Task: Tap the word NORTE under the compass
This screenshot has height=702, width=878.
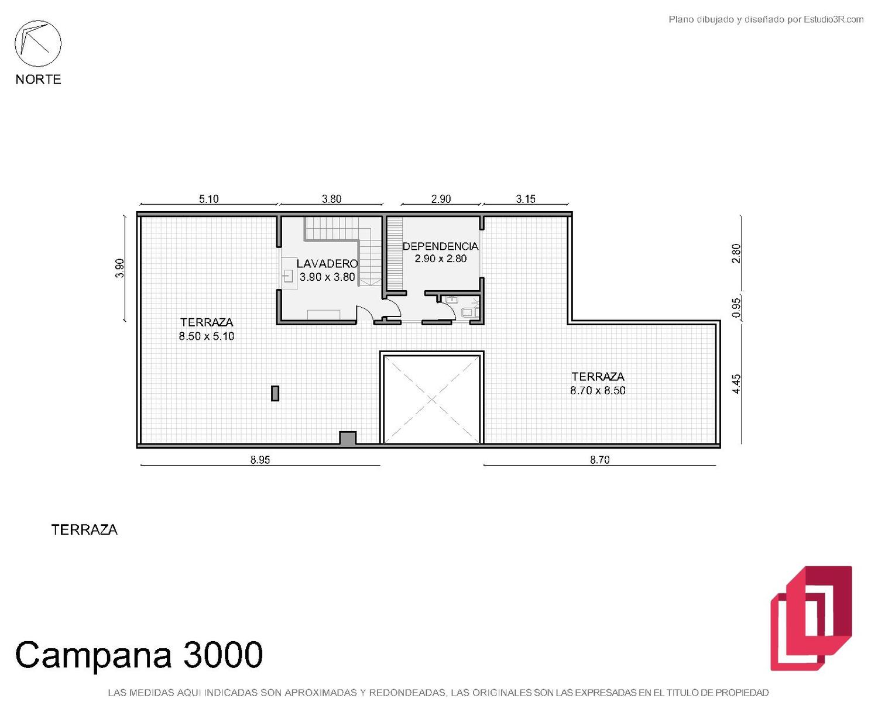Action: click(x=39, y=80)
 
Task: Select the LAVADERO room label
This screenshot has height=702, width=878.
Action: click(x=327, y=264)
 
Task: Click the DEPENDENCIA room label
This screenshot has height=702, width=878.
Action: click(x=440, y=246)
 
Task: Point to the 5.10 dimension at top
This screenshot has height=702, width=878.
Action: click(x=208, y=199)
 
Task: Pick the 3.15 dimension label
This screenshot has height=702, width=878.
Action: click(x=526, y=199)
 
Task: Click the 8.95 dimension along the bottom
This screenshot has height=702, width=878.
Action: click(x=260, y=460)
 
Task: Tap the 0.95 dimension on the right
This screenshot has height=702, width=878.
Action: click(x=736, y=308)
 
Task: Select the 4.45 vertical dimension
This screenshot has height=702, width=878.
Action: click(x=736, y=384)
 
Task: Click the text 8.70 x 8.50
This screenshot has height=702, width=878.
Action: click(x=598, y=391)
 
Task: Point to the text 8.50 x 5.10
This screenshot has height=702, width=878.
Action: click(x=207, y=336)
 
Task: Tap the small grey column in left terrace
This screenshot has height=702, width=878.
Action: click(x=275, y=394)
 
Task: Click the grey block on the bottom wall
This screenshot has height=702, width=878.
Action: click(x=348, y=439)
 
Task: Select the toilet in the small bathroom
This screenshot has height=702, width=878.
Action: click(x=469, y=312)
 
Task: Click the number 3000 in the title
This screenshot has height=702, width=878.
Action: click(x=223, y=655)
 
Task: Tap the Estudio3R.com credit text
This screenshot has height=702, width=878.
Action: click(x=834, y=19)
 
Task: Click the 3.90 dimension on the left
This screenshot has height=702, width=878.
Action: click(x=119, y=269)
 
